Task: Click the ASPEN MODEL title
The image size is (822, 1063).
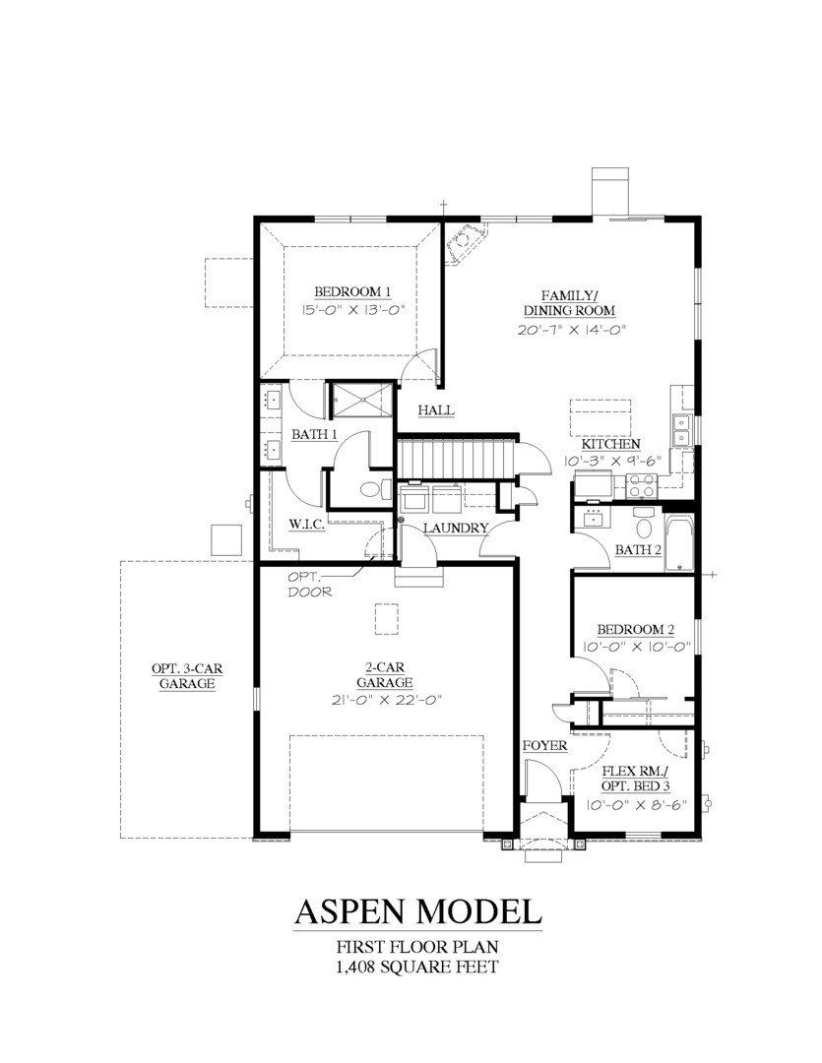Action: (417, 911)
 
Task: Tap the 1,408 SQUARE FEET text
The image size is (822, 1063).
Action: (417, 966)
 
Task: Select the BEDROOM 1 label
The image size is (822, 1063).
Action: (352, 291)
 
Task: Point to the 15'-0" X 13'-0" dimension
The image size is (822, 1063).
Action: (353, 309)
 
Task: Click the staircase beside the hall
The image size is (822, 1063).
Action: (455, 458)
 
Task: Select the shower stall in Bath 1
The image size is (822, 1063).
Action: (359, 400)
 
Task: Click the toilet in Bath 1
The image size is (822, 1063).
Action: (372, 489)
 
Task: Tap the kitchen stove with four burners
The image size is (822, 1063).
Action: (642, 484)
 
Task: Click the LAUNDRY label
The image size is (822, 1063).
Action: (455, 529)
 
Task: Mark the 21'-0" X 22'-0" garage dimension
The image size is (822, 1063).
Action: (384, 701)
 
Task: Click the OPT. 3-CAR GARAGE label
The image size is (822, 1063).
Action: (187, 677)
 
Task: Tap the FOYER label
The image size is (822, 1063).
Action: (544, 745)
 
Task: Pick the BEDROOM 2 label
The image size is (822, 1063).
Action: (635, 630)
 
